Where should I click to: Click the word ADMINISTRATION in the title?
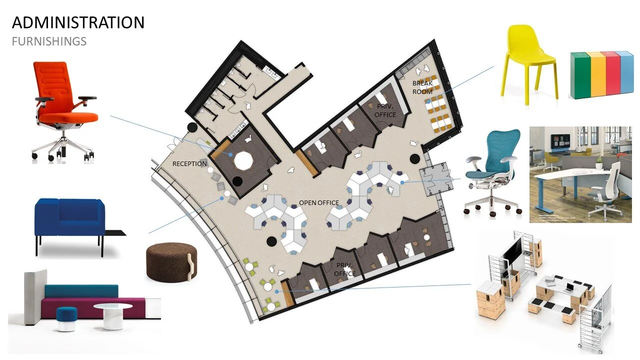click(78, 22)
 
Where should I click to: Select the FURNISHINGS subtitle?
click(49, 41)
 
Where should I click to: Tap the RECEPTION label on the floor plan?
click(189, 164)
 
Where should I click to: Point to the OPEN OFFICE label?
click(319, 203)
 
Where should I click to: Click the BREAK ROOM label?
click(422, 87)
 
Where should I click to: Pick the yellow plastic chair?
click(530, 60)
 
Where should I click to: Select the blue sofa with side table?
click(70, 220)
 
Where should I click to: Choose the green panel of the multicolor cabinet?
click(578, 75)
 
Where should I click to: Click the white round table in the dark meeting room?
click(244, 160)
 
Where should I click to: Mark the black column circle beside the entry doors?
click(414, 159)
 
